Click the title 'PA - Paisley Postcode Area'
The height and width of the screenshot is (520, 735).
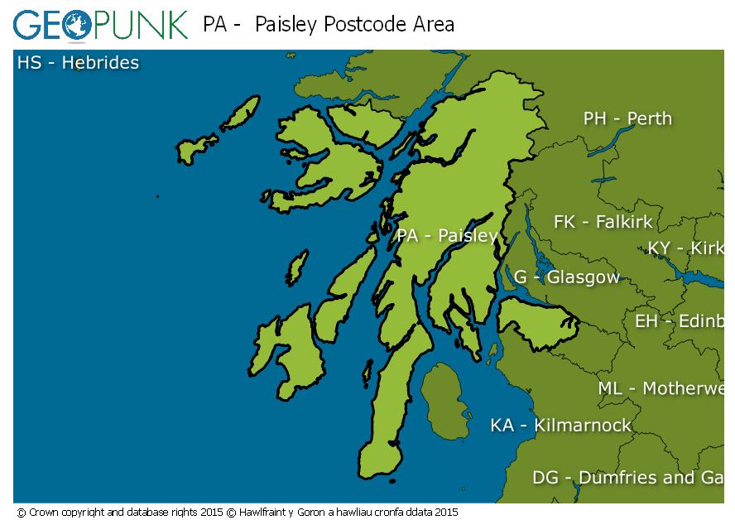coord(329,24)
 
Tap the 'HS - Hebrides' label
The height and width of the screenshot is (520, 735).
coord(78,62)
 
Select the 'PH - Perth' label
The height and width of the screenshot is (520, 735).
coord(627,118)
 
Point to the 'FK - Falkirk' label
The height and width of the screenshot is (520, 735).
coord(603,222)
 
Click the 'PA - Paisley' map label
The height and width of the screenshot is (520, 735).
coord(447,235)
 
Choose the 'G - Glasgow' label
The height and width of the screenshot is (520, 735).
coord(567,277)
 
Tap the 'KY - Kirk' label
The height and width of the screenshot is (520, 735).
coord(685,248)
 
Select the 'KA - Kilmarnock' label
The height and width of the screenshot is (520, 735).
coord(560,426)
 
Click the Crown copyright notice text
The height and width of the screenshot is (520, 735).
coord(237,513)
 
